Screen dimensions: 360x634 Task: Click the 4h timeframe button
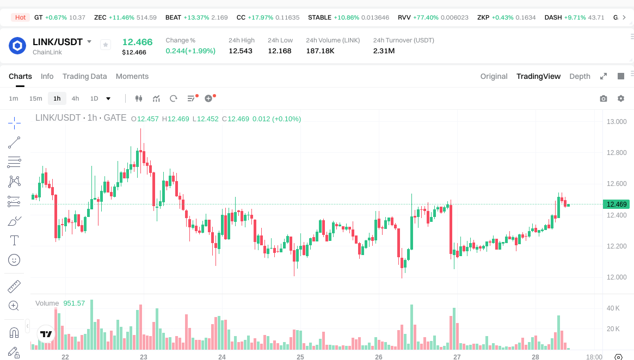[x=75, y=98]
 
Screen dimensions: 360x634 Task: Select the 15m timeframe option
[x=35, y=98]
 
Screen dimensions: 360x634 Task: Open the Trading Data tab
[x=84, y=76]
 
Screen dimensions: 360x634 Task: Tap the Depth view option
[x=580, y=76]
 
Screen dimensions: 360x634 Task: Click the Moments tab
[x=132, y=76]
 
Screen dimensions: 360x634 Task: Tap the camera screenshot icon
[x=603, y=98]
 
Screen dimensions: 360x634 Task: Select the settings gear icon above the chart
[x=621, y=98]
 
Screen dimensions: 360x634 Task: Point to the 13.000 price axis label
[x=617, y=121]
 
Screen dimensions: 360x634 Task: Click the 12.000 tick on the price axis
[x=617, y=277]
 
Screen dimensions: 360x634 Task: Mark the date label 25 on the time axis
[x=300, y=357]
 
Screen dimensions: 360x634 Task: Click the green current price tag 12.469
[x=616, y=204]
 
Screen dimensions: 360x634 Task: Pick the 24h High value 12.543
[x=241, y=51]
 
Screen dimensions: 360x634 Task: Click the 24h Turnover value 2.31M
[x=384, y=51]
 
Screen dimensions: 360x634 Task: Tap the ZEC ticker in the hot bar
[x=100, y=17]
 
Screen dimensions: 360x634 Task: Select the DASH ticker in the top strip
[x=553, y=17]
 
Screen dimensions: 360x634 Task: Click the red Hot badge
[x=20, y=17]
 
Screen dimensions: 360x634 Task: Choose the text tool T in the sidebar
[x=14, y=240]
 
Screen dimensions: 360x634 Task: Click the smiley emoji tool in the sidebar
[x=14, y=260]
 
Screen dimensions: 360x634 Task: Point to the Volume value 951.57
[x=74, y=303]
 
